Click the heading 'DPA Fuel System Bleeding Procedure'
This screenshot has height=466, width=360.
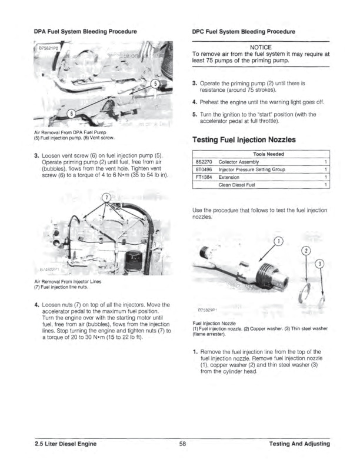[x=85, y=30]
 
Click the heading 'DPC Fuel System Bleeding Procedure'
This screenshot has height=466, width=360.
[x=244, y=30]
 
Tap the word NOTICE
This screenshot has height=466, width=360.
[x=261, y=47]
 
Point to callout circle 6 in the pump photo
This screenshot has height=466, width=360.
[x=71, y=114]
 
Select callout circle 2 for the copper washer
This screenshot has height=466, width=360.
[x=306, y=252]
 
